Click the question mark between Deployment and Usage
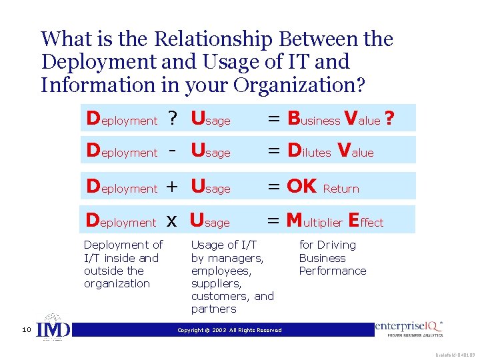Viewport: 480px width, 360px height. (173, 119)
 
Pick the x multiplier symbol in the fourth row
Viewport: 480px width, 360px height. (171, 222)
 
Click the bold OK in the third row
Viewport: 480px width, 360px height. (301, 187)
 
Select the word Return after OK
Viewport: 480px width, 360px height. (341, 189)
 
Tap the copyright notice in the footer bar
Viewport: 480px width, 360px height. (229, 330)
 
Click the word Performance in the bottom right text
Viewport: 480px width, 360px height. (332, 271)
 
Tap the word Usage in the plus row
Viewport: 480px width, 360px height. (210, 187)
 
